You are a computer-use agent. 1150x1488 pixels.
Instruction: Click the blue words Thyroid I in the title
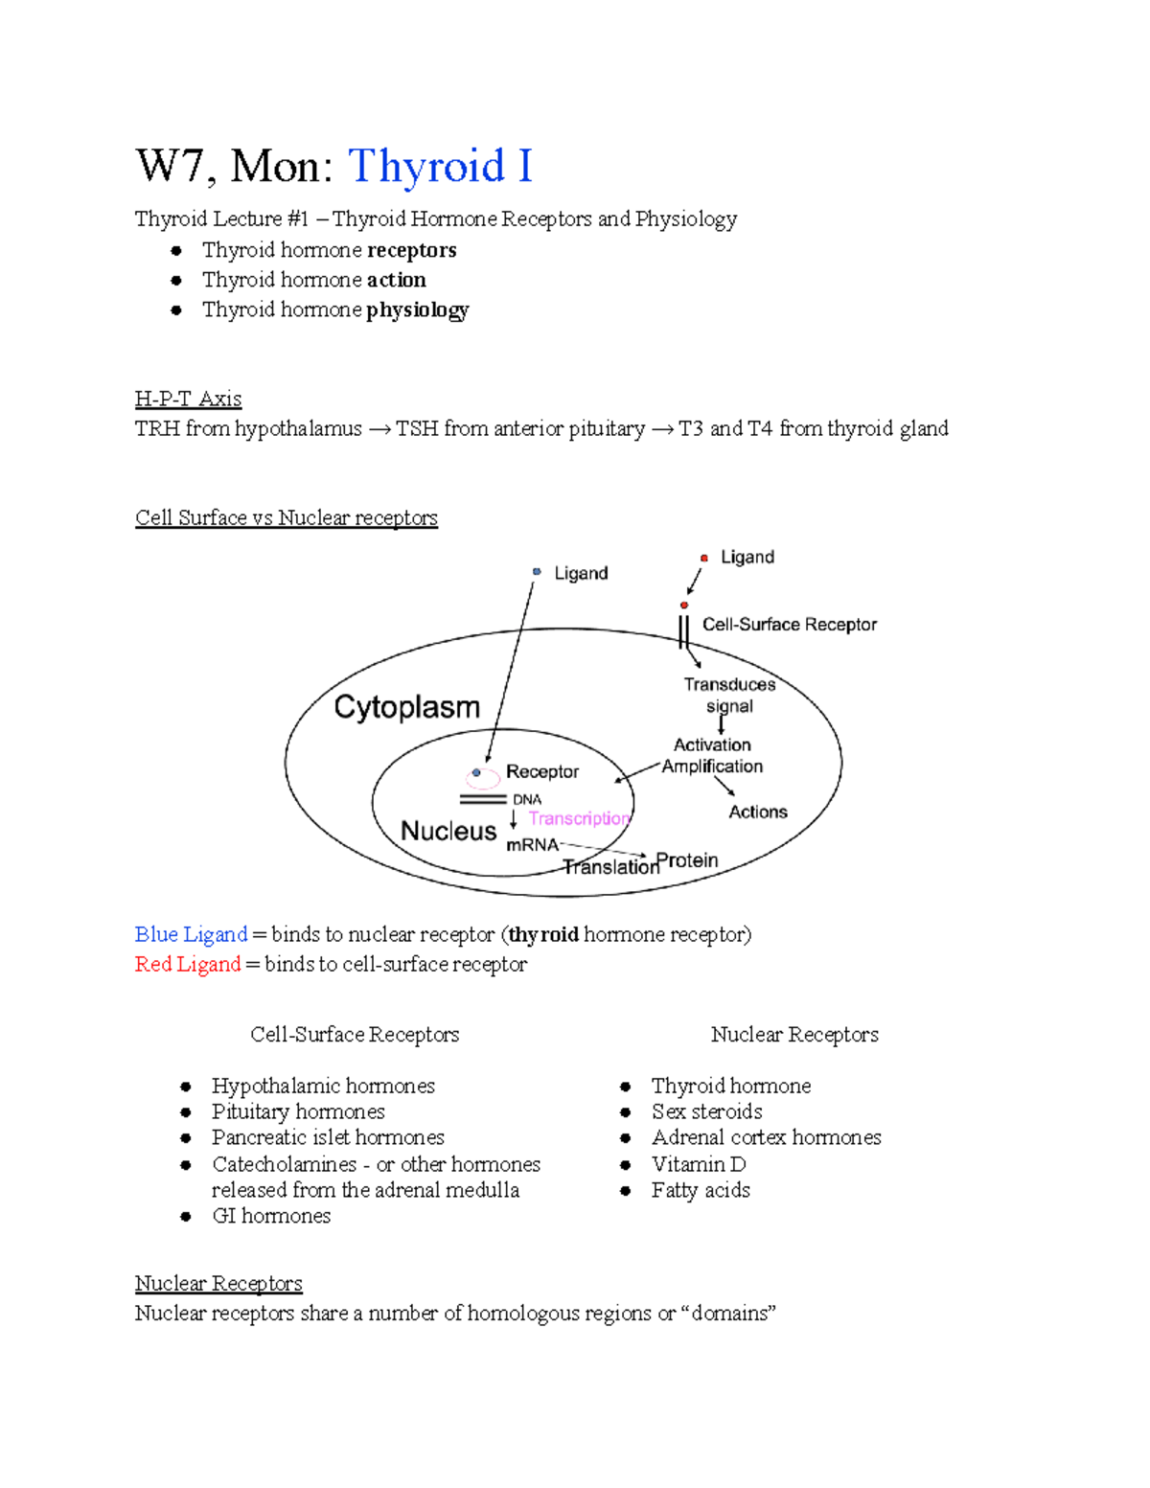(x=440, y=167)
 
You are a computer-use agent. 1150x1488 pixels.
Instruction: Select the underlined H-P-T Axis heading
(x=188, y=399)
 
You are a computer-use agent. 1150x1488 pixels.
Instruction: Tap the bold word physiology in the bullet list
(x=418, y=309)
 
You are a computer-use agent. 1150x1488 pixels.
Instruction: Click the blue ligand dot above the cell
(x=537, y=572)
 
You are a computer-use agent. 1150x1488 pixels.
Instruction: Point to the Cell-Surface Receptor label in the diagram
(x=789, y=625)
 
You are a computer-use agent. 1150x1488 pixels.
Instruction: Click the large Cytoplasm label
(x=406, y=707)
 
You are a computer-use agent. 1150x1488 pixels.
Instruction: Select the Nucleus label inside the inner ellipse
(x=448, y=831)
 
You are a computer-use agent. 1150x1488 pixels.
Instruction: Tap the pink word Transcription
(x=580, y=818)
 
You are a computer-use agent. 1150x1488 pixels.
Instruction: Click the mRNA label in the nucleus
(x=532, y=844)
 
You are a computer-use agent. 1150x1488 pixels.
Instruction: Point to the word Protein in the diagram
(x=687, y=860)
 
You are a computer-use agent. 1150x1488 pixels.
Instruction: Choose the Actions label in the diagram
(x=758, y=813)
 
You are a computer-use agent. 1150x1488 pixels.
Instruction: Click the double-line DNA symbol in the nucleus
(x=483, y=799)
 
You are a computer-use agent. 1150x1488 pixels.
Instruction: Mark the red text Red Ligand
(x=188, y=964)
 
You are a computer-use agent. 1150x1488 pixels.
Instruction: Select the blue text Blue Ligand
(x=191, y=934)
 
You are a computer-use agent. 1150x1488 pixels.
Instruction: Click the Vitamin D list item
(x=699, y=1164)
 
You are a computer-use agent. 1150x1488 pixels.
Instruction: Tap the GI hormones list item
(x=271, y=1216)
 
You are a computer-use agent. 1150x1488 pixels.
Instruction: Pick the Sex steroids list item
(x=707, y=1111)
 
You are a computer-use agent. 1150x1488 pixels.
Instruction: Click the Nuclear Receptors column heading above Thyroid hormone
(x=794, y=1035)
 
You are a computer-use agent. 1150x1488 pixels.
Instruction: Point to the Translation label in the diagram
(x=610, y=868)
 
